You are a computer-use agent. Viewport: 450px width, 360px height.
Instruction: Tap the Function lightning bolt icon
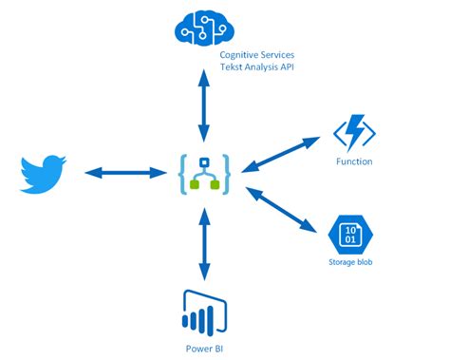coord(354,131)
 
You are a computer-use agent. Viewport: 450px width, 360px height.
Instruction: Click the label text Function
coord(354,161)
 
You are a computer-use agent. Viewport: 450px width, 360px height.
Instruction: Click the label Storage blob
coord(348,261)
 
